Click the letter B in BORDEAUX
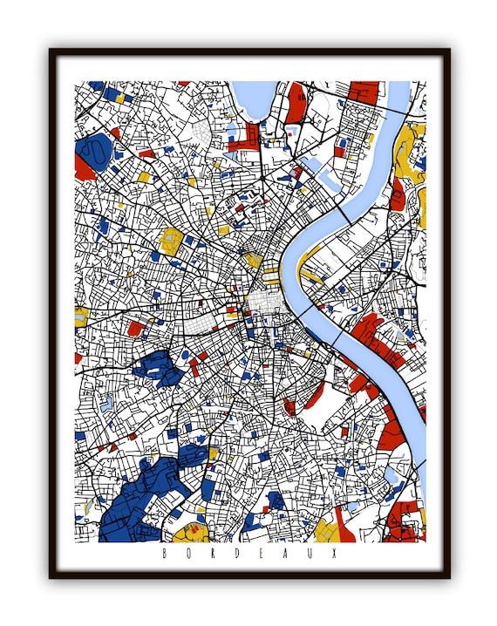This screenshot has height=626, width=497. click(x=166, y=553)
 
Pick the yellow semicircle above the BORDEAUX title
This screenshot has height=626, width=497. click(x=189, y=533)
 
